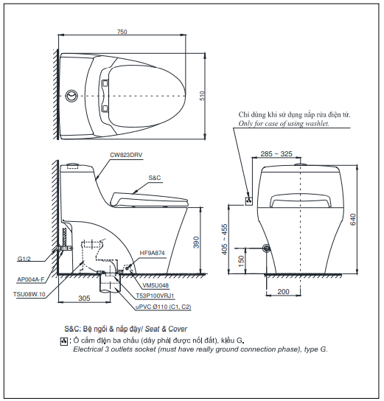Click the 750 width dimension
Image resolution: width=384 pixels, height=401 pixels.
click(x=122, y=32)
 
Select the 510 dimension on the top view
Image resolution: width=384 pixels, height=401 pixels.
click(x=202, y=96)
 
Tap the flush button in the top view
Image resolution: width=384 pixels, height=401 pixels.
click(x=71, y=96)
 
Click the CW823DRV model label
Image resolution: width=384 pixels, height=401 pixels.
click(x=126, y=155)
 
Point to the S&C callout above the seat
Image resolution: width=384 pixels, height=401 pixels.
click(x=155, y=178)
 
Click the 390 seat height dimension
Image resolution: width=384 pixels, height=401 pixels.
click(x=196, y=243)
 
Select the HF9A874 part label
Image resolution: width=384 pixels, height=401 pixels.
click(x=152, y=253)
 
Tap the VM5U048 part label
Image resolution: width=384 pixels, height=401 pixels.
click(x=156, y=285)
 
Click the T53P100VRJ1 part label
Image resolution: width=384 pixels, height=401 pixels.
click(x=155, y=296)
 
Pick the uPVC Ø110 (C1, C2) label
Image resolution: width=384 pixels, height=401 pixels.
click(x=163, y=307)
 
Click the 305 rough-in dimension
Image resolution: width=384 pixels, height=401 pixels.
click(x=84, y=299)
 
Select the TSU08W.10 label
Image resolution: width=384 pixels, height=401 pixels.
click(x=29, y=294)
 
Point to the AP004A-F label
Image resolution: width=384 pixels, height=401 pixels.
click(x=31, y=279)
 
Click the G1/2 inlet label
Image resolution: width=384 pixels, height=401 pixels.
click(x=24, y=259)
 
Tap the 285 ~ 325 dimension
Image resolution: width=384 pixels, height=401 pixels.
click(x=276, y=154)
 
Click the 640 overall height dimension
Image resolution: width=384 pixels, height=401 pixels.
click(x=353, y=220)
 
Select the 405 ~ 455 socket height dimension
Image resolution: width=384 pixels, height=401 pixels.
click(x=224, y=240)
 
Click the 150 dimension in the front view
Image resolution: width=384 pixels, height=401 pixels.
click(x=241, y=261)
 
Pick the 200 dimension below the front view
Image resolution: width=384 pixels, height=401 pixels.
click(x=283, y=292)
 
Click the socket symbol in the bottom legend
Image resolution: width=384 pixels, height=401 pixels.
click(x=63, y=341)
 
